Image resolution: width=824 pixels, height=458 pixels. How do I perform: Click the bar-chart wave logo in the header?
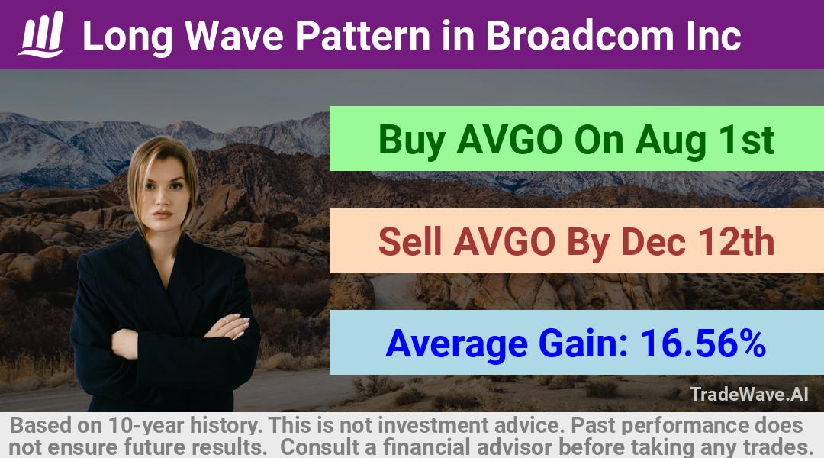coord(41,34)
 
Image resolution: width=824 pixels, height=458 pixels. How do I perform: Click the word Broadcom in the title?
coord(579,36)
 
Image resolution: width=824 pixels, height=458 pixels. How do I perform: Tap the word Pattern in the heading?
coord(362,36)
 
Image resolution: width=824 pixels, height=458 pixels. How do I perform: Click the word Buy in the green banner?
coord(413,141)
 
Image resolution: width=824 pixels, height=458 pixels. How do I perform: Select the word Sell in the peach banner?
coord(410,242)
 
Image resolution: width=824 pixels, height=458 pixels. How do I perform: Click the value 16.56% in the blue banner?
coord(703,343)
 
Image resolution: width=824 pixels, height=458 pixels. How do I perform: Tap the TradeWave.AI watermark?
coord(749,394)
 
